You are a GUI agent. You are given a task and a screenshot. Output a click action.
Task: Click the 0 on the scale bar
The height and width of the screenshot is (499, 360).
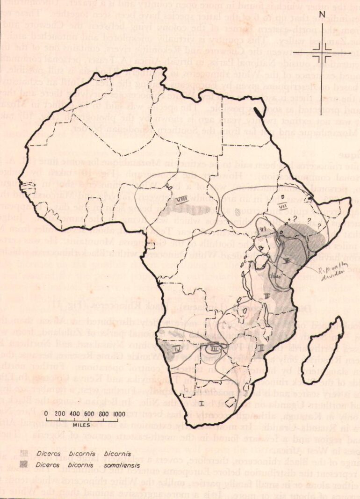pyautogui.click(x=47, y=414)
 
